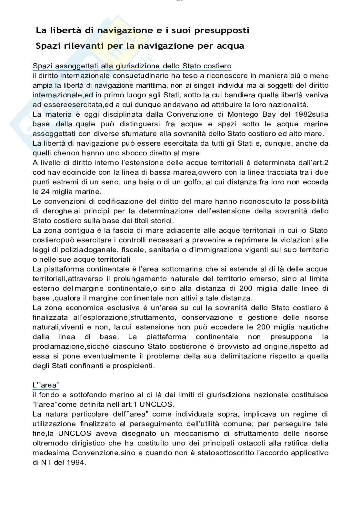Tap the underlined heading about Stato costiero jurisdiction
(132, 66)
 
